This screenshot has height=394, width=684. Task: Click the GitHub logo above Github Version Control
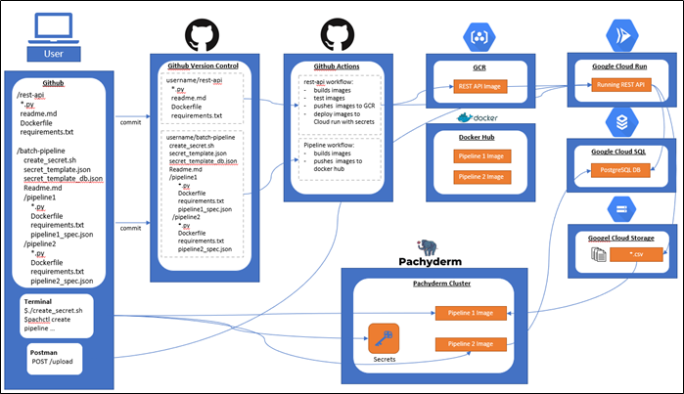[203, 33]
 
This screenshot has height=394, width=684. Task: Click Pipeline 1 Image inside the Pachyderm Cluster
[474, 313]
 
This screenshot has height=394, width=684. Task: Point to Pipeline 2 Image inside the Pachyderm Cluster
[474, 344]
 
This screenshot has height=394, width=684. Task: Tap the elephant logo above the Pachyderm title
[427, 245]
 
